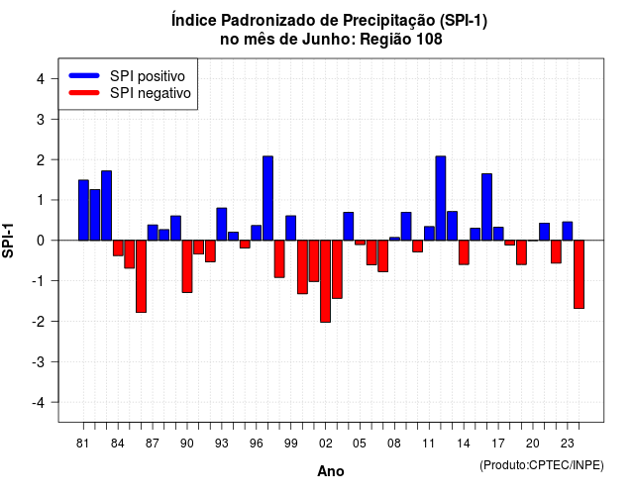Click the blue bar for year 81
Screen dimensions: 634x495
coord(83,210)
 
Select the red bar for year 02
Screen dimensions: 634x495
coord(325,281)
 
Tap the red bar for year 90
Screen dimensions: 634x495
coord(187,266)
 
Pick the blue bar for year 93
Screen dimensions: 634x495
coord(222,225)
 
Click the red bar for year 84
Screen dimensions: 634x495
coord(118,248)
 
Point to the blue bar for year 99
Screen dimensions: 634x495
coord(290,228)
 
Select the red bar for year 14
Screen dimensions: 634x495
coord(464,252)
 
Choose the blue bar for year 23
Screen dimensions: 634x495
coord(568,231)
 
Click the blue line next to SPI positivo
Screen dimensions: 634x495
coord(84,75)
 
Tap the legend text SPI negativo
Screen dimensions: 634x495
coord(151,93)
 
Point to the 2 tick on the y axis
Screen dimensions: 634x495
coord(54,159)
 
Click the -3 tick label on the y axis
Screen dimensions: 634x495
coord(39,362)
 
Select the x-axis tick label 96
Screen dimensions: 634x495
coord(257,444)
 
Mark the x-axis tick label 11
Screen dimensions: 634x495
coord(429,444)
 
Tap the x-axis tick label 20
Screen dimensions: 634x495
coord(533,444)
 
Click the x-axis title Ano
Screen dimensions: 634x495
coord(331,471)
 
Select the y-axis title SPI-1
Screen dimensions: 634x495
coord(8,241)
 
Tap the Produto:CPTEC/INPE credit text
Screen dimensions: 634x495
coord(542,465)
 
